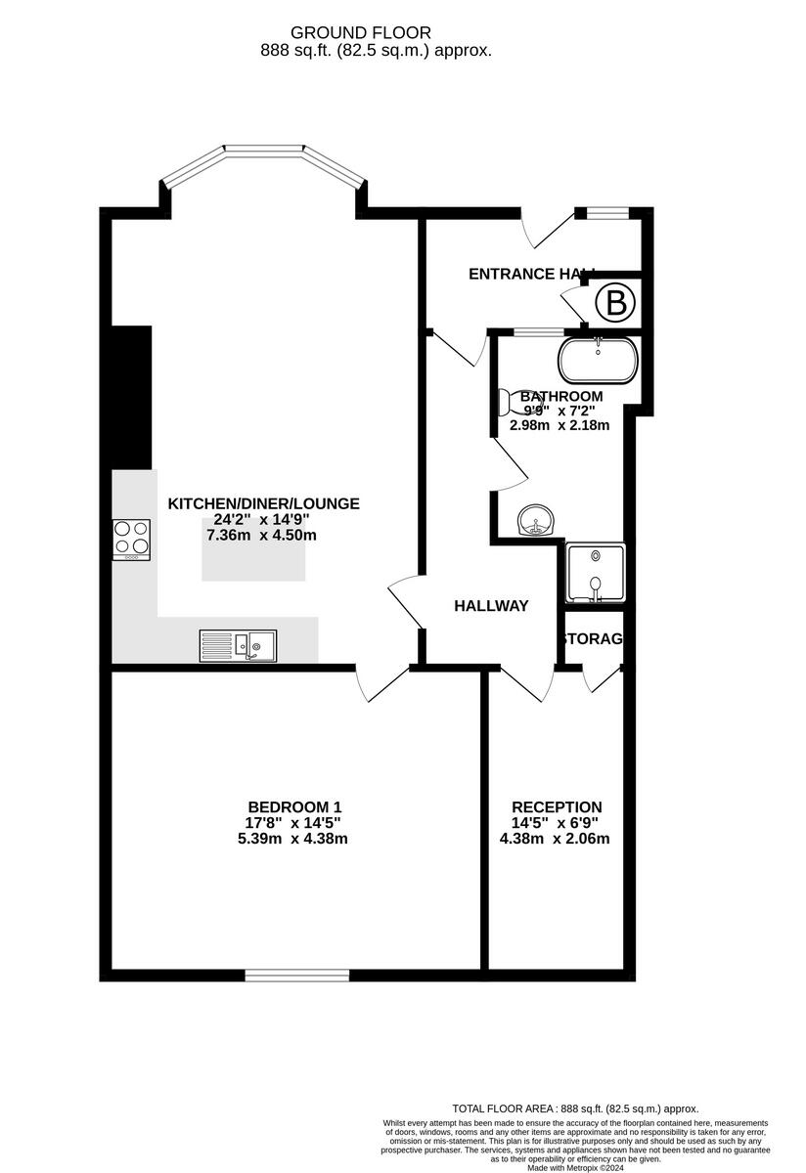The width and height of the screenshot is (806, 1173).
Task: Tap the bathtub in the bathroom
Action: (x=598, y=362)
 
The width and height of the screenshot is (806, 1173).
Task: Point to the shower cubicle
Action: (x=594, y=573)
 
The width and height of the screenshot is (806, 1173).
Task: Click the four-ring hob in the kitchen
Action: (x=132, y=539)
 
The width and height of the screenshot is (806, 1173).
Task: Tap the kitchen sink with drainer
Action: (x=239, y=645)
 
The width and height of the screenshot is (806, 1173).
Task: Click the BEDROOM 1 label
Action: (x=294, y=806)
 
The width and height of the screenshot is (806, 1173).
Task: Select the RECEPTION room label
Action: (x=557, y=806)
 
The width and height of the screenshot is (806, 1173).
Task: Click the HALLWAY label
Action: (x=491, y=606)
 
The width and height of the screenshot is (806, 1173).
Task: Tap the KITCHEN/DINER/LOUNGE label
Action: (x=264, y=503)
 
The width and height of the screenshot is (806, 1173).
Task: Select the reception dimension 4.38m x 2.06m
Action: (x=555, y=839)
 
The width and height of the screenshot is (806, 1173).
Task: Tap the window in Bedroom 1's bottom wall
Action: (x=297, y=975)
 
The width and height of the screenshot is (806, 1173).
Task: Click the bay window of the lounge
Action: (x=263, y=161)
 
